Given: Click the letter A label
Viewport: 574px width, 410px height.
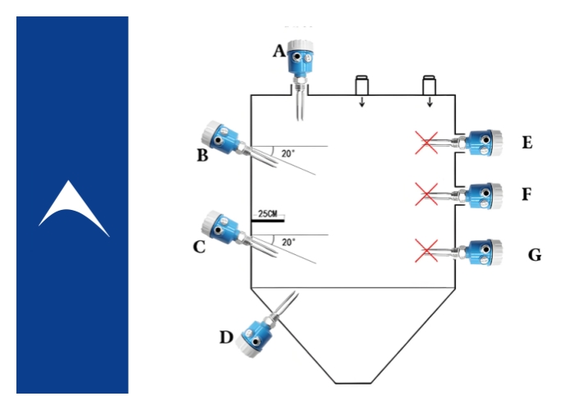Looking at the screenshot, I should coord(279,52).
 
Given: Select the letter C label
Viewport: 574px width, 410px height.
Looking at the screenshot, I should coord(198,244).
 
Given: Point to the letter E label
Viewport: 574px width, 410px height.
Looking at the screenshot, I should coord(526,143).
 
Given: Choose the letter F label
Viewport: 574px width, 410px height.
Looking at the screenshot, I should coord(526,194).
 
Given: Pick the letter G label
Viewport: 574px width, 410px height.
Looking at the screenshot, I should coord(534,255).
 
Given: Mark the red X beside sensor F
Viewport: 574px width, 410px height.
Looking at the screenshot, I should coord(426,194).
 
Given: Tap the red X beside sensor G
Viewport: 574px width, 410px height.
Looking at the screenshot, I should coord(426,248).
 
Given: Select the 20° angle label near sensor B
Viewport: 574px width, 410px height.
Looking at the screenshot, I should coord(288,153).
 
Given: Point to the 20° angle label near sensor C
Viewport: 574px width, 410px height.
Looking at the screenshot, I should coord(288,243).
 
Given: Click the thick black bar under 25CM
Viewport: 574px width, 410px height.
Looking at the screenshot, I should coord(268,220).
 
